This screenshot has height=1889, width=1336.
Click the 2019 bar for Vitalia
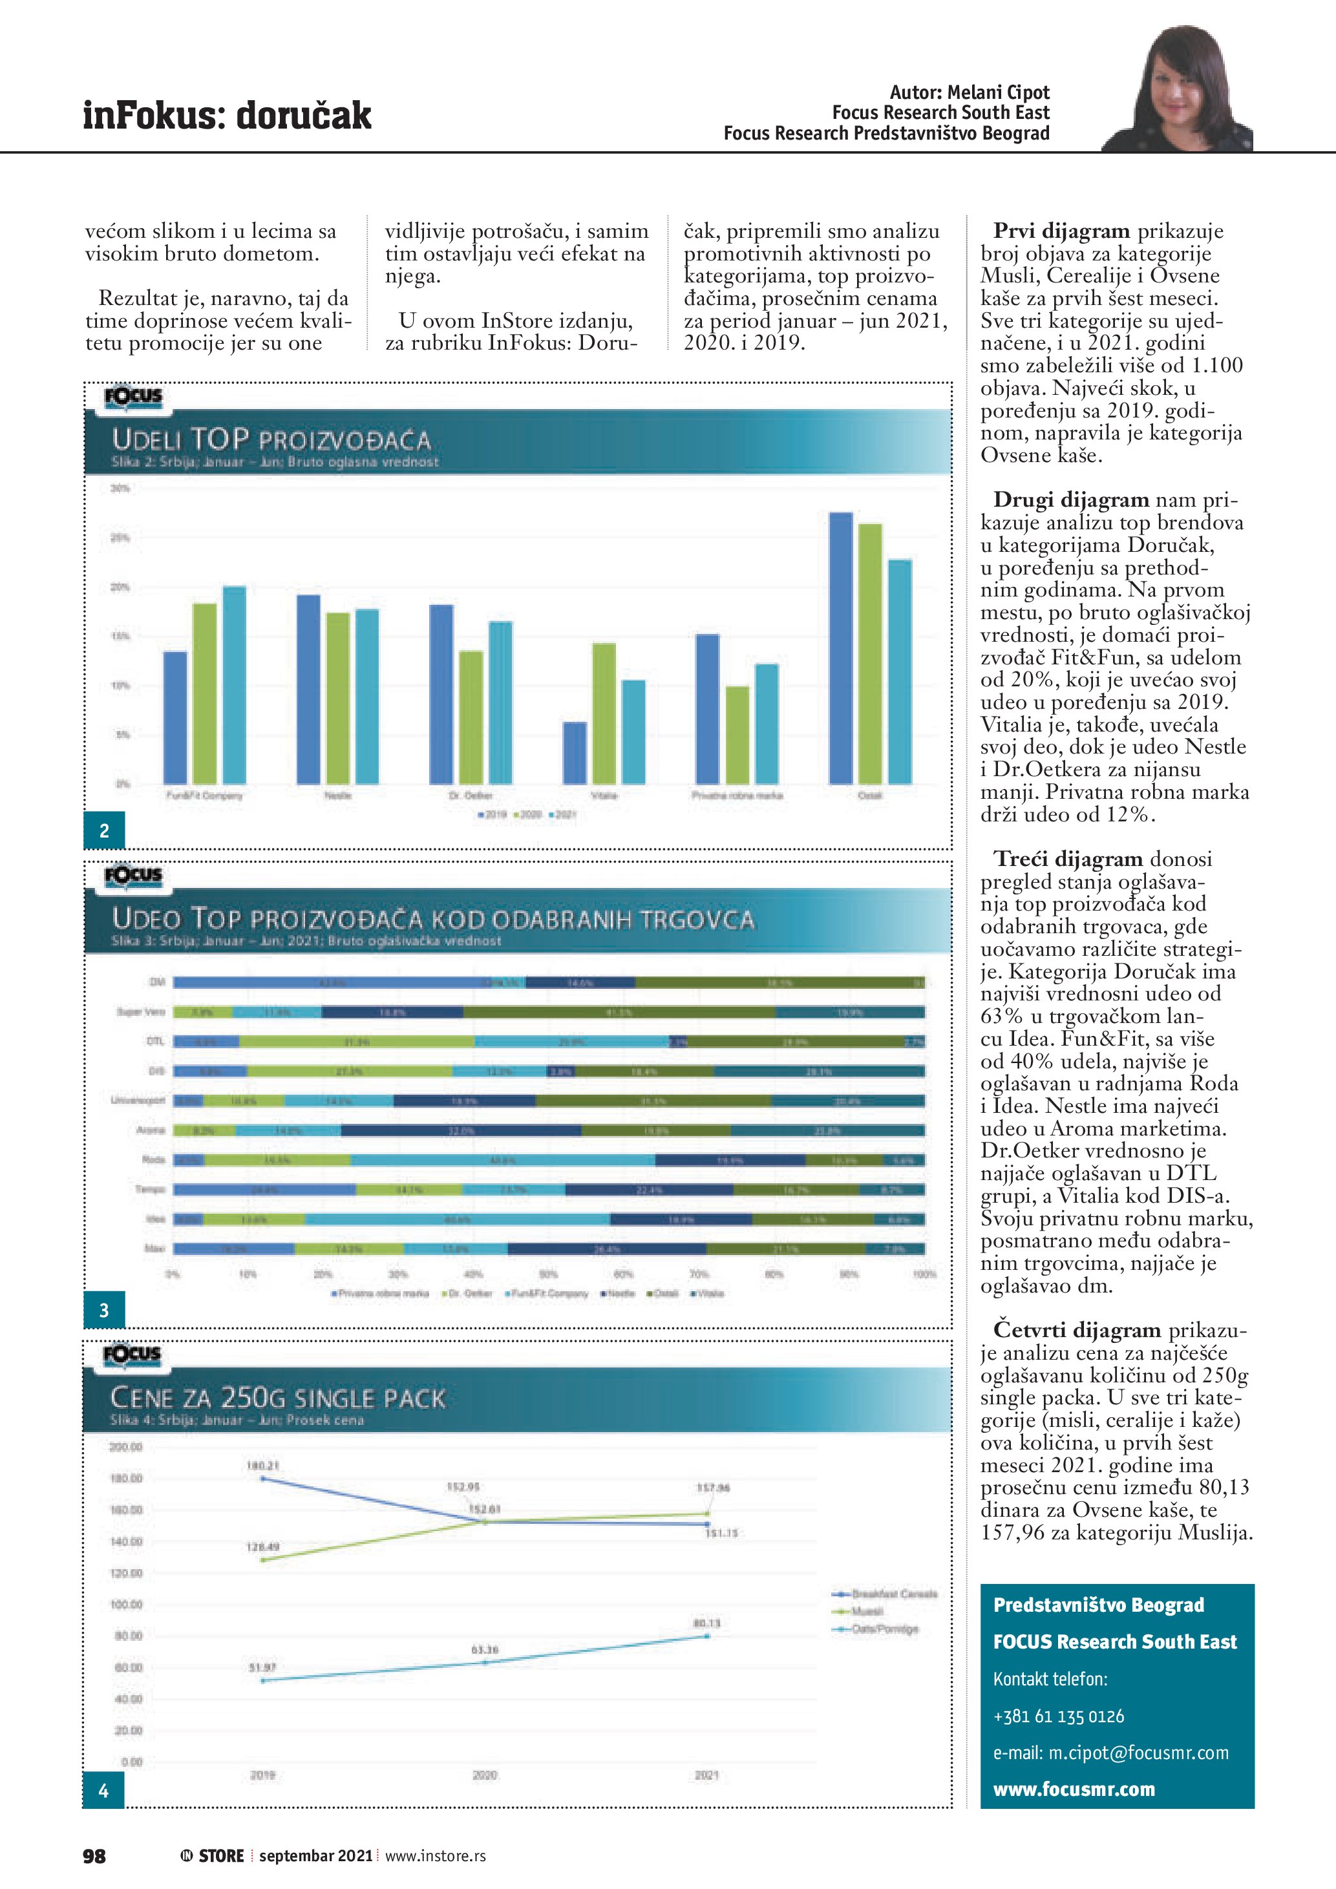pos(574,753)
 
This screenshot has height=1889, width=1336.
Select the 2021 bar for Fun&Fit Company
pos(235,684)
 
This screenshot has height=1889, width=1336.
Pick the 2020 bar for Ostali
pos(869,653)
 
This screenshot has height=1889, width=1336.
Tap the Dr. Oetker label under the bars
pos(471,796)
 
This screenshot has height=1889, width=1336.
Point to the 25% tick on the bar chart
pos(120,538)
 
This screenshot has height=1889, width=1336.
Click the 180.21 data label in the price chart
pos(262,1465)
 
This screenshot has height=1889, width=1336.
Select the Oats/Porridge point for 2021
pos(706,1636)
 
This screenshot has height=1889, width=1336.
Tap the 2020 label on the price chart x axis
pos(485,1775)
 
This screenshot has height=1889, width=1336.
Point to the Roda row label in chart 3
pos(154,1160)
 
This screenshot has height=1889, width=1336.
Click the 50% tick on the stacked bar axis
pos(548,1274)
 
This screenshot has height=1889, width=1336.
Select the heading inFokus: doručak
pos(227,115)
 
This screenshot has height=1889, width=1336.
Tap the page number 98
pos(94,1856)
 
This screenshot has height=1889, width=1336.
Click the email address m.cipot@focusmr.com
pos(1138,1753)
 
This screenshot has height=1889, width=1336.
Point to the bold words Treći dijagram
pos(1068,859)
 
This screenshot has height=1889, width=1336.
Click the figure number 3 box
pos(103,1311)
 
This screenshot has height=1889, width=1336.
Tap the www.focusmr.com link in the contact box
pos(1074,1789)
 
